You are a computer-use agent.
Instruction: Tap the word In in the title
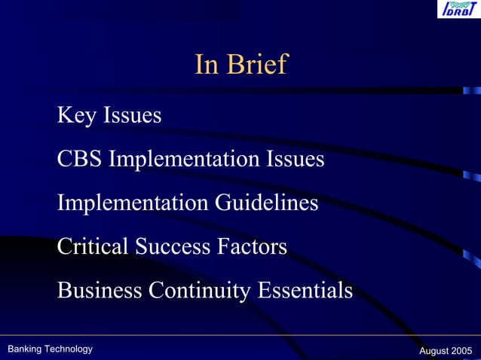207,65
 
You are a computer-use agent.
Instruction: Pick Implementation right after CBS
184,160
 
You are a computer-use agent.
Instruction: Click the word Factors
252,246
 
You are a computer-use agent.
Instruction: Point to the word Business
100,290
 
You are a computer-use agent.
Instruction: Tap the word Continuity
201,290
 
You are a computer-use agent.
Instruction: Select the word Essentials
305,290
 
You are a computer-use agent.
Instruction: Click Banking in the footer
24,349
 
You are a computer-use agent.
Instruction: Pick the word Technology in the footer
68,349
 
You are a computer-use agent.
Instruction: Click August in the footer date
434,351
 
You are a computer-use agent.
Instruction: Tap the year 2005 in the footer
462,351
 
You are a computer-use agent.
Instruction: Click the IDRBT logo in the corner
455,10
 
